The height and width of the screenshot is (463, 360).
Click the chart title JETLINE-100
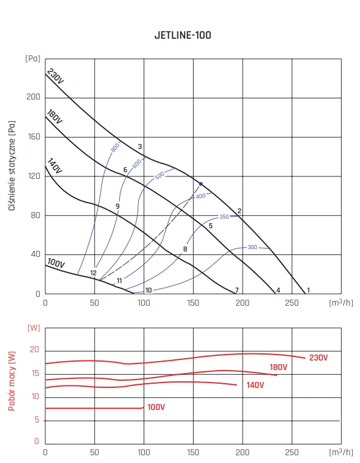coord(182,35)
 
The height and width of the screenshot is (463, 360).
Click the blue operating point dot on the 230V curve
coord(201,184)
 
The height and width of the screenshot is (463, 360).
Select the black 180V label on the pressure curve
coord(55,117)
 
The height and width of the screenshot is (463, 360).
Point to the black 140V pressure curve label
coord(55,167)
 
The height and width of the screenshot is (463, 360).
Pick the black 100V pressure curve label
coord(55,263)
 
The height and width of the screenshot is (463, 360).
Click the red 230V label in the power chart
coord(318,358)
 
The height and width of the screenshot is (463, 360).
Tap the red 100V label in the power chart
coord(156,407)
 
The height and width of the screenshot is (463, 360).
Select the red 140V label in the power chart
coord(255,386)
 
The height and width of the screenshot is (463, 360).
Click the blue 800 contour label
coord(116,145)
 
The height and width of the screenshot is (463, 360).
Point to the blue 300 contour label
coord(252,247)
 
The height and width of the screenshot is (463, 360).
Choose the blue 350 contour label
coord(224,217)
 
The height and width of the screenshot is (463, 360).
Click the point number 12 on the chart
coord(94,273)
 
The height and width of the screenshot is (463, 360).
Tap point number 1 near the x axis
coord(308,290)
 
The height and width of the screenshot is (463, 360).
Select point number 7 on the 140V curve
coord(237,290)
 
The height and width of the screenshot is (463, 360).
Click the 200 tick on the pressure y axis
coord(33,97)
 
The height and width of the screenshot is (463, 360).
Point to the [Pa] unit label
coord(33,58)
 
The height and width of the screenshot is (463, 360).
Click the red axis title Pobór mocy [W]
coord(12,381)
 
